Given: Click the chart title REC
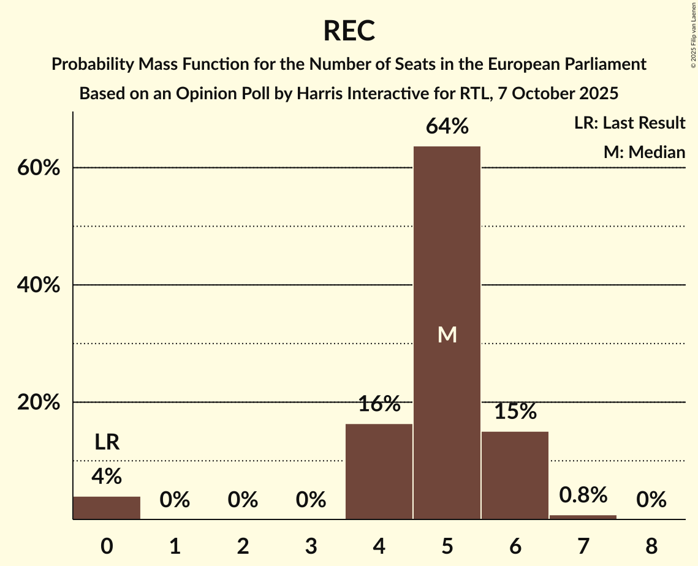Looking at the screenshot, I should tap(349, 31).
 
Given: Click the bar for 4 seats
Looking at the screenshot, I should tap(379, 471).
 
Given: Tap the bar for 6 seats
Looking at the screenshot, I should tap(515, 475).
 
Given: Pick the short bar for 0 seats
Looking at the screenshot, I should tap(107, 508).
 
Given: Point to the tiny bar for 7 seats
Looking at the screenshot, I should tap(583, 517).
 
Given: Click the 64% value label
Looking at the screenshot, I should tap(447, 127).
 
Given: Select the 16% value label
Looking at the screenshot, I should tap(379, 404).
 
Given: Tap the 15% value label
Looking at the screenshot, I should tap(515, 412).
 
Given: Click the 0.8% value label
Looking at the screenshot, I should tap(583, 495).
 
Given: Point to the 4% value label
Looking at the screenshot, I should tap(107, 476).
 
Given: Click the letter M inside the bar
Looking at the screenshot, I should tap(447, 334).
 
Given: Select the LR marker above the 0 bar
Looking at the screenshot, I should tap(107, 442).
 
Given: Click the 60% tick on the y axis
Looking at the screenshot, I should tap(39, 168).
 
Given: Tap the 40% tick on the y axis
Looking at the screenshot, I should tap(39, 285).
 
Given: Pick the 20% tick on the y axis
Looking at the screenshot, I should tap(39, 402).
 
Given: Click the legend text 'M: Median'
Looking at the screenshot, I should tap(644, 152).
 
